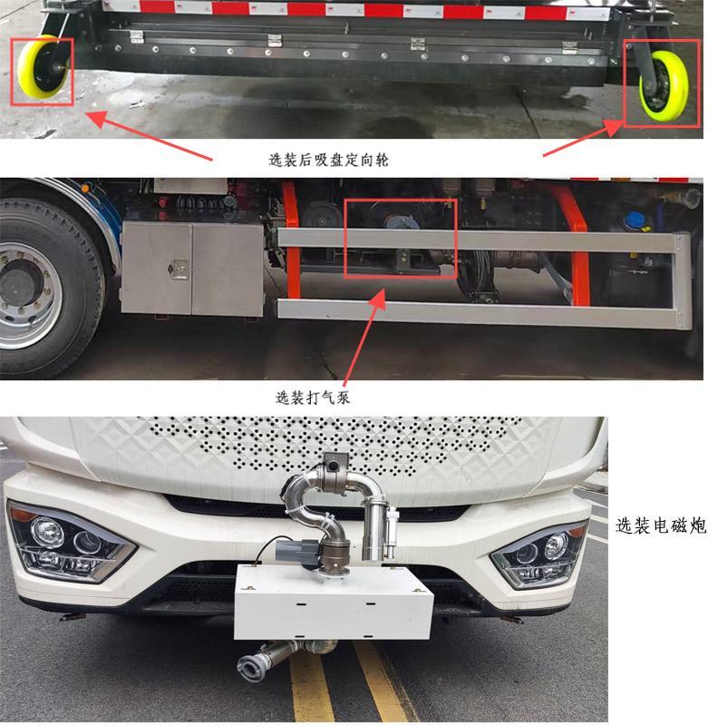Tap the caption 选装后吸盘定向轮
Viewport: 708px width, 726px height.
(328, 160)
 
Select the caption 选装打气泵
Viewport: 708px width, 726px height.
(313, 397)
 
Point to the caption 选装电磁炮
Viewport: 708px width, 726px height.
(661, 525)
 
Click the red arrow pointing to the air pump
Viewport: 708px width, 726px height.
(364, 338)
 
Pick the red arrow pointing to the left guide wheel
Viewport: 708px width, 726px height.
(150, 135)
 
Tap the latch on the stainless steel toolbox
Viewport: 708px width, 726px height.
(179, 269)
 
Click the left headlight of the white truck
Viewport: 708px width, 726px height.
(70, 543)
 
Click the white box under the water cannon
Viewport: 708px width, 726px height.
(334, 602)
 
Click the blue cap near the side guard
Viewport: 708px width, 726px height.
(635, 221)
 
